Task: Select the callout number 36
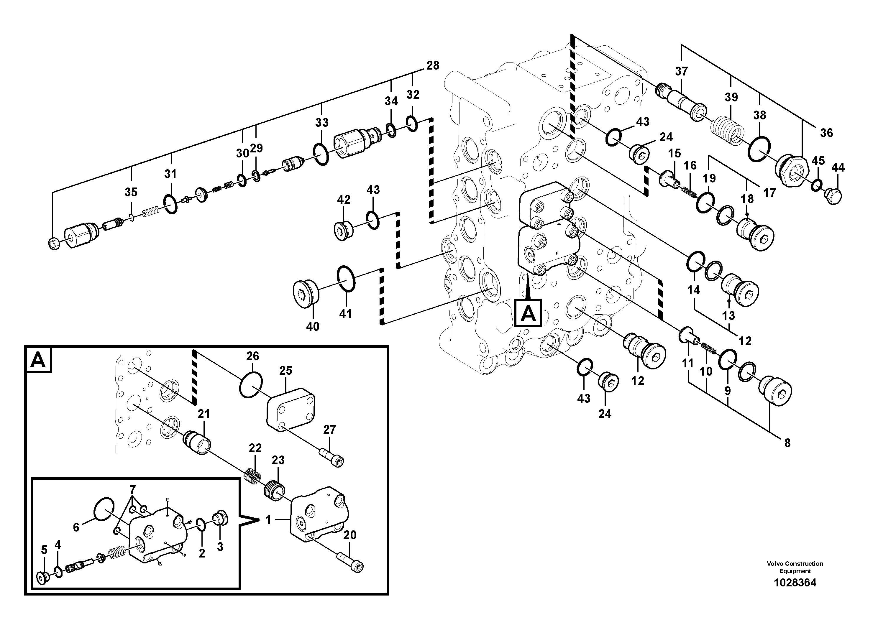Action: [826, 133]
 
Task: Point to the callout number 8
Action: [787, 443]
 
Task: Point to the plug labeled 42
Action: [343, 231]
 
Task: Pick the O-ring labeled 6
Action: [104, 509]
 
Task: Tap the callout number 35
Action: [131, 192]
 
